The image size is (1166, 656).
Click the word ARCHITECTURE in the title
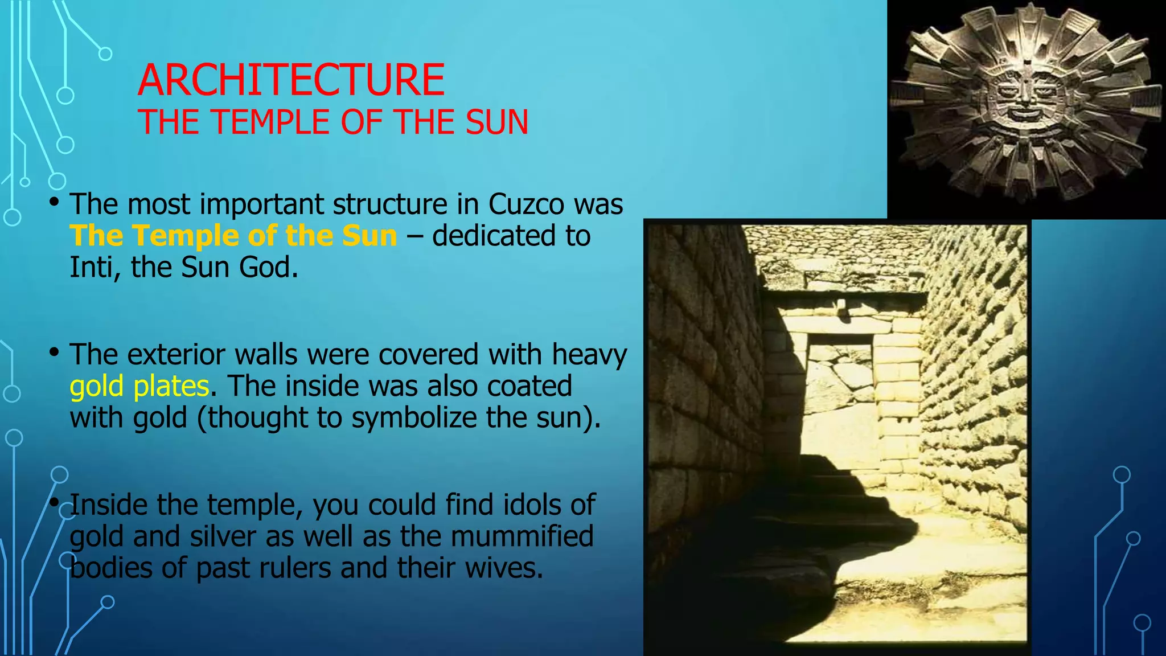pyautogui.click(x=291, y=80)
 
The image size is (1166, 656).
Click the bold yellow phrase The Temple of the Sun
pyautogui.click(x=233, y=236)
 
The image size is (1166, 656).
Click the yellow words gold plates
pyautogui.click(x=139, y=386)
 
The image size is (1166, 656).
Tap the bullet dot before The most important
pyautogui.click(x=54, y=202)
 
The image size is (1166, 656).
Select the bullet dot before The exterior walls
pyautogui.click(x=54, y=353)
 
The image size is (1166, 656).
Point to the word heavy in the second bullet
pyautogui.click(x=589, y=355)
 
